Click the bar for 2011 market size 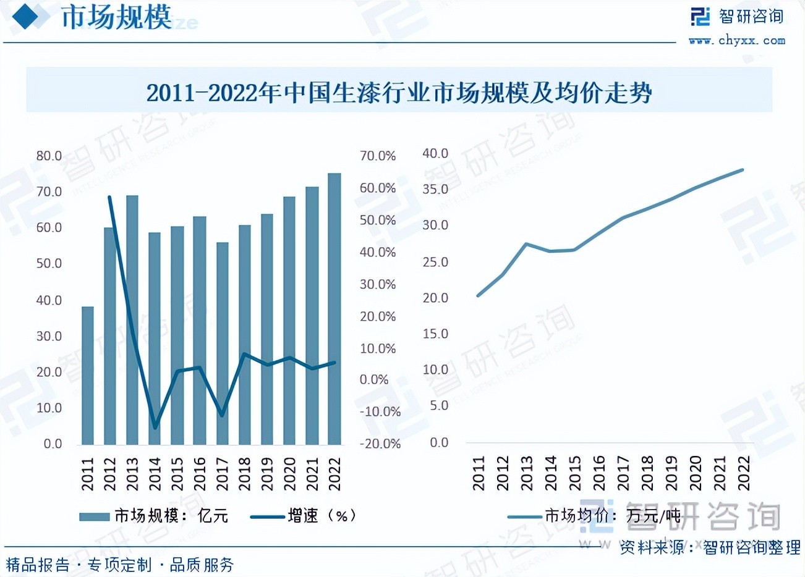tap(88, 376)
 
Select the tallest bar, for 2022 tap(334, 309)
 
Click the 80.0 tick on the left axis tap(49, 156)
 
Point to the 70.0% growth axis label tap(378, 156)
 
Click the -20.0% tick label tap(380, 444)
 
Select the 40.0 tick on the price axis tap(435, 153)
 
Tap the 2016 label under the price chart tap(598, 473)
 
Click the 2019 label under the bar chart tap(267, 473)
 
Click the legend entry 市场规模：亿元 tap(155, 516)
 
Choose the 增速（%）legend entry tap(305, 516)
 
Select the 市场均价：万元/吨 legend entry tap(594, 516)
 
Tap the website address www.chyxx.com tap(736, 41)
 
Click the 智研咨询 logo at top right tap(736, 16)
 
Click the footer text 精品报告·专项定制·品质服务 tap(120, 564)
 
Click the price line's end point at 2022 tap(742, 169)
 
